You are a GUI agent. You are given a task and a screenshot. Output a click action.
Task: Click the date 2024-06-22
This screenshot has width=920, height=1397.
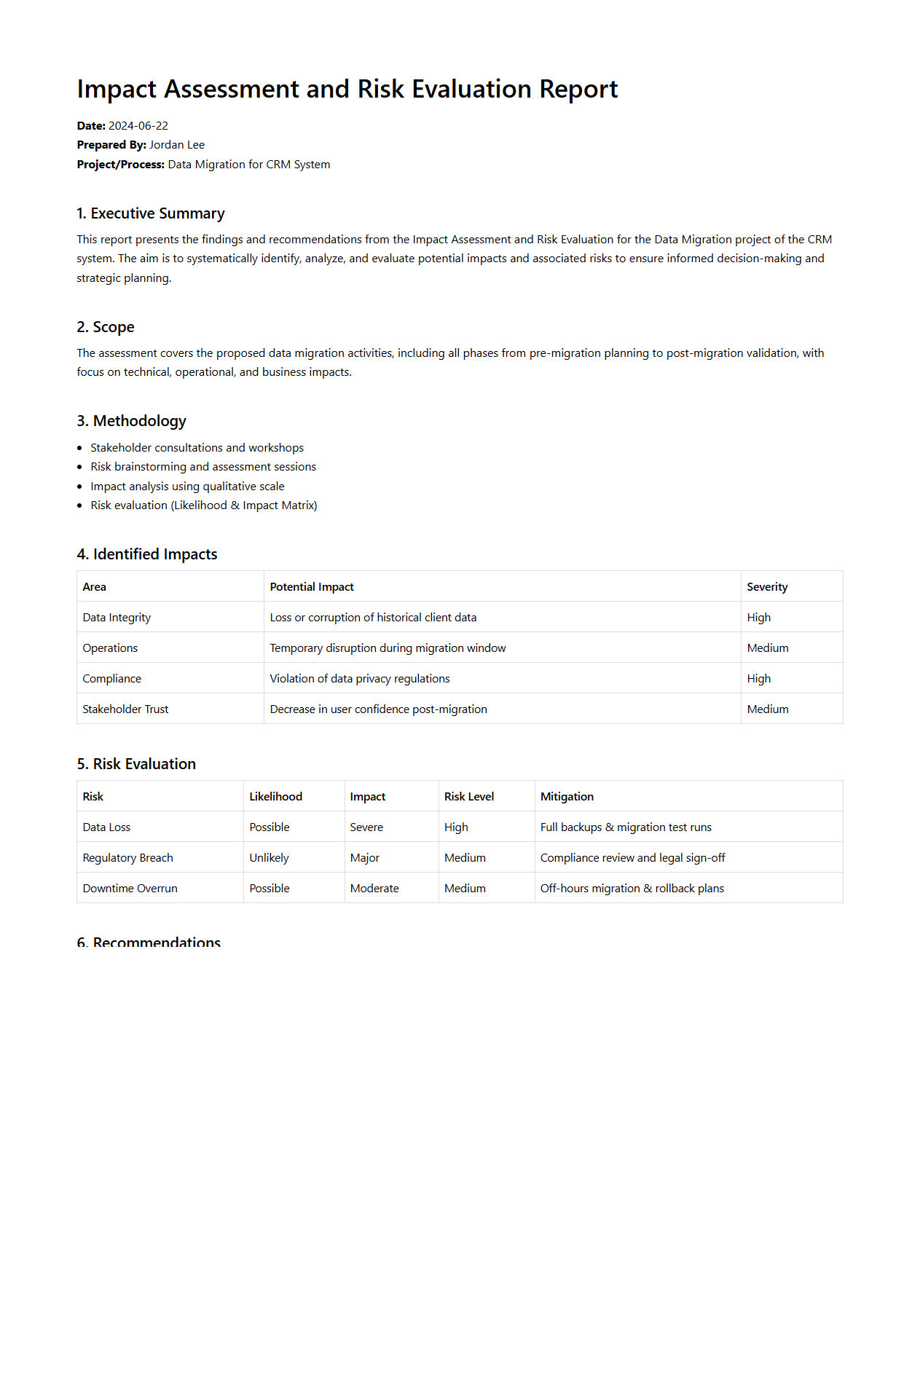[138, 126]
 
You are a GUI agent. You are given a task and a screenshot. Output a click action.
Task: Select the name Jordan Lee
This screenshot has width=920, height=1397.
[177, 145]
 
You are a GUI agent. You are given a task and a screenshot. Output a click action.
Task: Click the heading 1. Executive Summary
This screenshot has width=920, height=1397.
[151, 213]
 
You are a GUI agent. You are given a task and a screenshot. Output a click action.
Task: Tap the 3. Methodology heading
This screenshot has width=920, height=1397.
[132, 421]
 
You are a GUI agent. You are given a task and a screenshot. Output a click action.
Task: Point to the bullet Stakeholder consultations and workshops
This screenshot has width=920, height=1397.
[197, 448]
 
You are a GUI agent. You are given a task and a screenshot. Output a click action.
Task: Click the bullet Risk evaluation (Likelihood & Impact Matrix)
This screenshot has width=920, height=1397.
[204, 505]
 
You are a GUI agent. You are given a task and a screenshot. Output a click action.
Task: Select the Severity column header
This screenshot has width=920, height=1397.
[767, 587]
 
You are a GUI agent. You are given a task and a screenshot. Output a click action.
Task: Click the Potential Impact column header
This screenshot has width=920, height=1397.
[312, 587]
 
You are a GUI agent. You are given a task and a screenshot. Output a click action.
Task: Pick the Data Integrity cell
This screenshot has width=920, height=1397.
[117, 618]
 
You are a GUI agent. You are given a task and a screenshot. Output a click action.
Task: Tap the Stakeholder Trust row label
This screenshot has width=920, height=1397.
[125, 709]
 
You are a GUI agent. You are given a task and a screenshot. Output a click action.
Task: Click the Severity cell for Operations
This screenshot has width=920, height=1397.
[768, 648]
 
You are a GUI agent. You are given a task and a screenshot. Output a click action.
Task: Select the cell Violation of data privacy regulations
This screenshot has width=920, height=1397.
[360, 679]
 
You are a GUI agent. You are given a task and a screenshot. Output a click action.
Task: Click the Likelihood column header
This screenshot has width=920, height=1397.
[275, 797]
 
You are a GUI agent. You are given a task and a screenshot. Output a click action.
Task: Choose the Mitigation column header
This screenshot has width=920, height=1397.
[567, 797]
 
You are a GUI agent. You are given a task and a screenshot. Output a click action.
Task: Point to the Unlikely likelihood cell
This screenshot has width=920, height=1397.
[269, 858]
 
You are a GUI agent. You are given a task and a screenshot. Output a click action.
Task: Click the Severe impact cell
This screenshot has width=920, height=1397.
[366, 827]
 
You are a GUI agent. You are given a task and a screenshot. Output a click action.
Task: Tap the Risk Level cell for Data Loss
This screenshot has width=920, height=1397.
[456, 827]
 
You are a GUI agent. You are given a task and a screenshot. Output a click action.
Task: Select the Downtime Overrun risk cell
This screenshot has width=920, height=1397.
[130, 889]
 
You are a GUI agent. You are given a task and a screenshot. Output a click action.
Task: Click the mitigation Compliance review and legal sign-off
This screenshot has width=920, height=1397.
[632, 858]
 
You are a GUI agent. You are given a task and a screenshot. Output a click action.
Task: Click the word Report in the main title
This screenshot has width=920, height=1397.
[578, 89]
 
